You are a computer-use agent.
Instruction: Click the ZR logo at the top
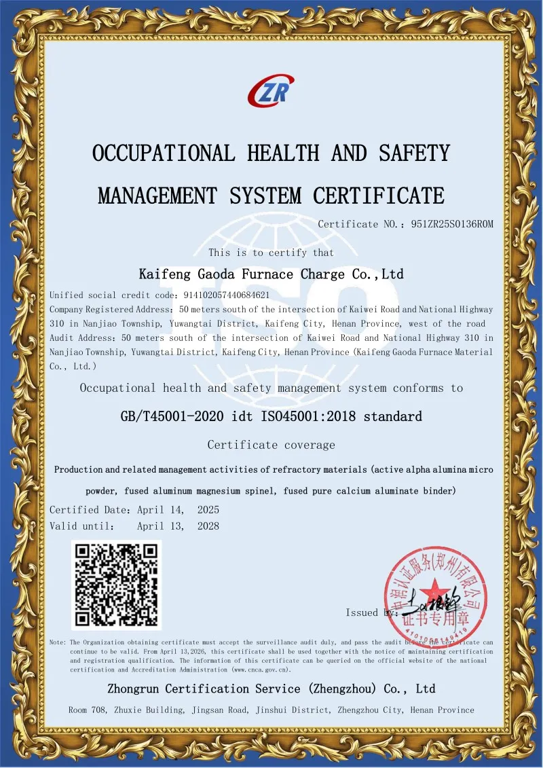pos(271,91)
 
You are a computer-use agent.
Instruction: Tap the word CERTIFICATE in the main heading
pos(379,196)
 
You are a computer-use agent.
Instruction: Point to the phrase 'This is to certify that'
pos(271,253)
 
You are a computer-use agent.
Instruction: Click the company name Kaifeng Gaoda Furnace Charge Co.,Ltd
pos(271,274)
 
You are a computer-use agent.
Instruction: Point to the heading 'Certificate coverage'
pos(271,445)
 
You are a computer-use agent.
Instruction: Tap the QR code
pos(116,585)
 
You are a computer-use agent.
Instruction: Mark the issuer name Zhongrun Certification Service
pos(204,689)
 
